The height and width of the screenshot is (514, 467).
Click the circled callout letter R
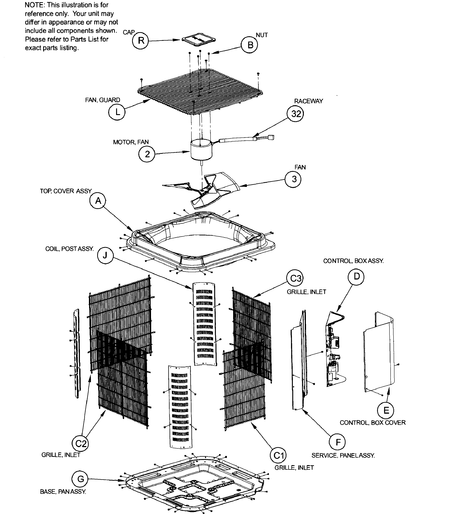click(141, 41)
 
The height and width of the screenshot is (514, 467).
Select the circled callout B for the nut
click(250, 45)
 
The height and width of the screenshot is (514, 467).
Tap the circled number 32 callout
click(296, 114)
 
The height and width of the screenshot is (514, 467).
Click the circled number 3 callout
click(294, 179)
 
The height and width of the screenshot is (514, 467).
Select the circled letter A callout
click(98, 201)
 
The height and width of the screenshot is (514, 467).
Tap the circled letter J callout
click(105, 255)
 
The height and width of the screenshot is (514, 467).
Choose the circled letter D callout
click(356, 276)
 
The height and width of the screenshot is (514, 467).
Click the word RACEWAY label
click(308, 101)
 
